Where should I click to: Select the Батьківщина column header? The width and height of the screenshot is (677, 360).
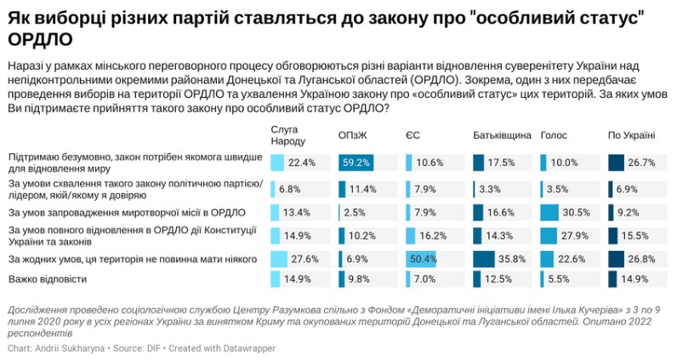502,135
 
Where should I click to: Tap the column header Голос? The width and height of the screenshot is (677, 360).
554,135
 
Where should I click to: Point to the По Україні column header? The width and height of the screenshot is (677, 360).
631,135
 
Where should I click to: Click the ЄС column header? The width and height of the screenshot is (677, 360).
412,135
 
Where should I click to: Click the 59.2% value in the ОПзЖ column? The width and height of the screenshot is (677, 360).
357,163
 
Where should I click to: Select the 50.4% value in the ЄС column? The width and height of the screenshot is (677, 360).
423,258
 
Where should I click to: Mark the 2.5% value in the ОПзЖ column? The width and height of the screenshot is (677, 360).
355,211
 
